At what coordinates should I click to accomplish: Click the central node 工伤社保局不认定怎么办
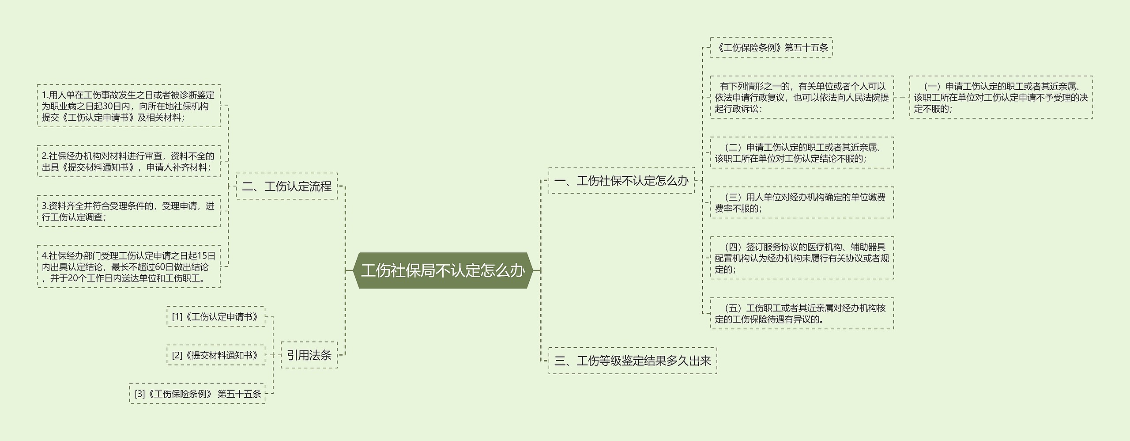(x=443, y=270)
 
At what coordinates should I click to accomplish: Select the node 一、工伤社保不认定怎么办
(x=621, y=180)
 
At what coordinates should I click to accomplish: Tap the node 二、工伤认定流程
(x=286, y=186)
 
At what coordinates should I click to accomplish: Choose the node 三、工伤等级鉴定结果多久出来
(x=633, y=361)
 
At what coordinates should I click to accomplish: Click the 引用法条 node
(x=309, y=355)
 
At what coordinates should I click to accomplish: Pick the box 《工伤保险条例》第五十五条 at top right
(x=771, y=47)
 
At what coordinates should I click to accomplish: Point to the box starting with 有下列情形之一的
(x=802, y=97)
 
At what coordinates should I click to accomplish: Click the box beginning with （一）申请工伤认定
(x=1001, y=97)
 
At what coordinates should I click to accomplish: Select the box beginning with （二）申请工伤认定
(x=802, y=153)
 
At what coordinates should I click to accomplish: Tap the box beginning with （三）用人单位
(x=802, y=202)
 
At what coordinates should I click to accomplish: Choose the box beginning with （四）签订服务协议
(x=802, y=258)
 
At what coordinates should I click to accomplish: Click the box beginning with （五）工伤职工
(x=802, y=313)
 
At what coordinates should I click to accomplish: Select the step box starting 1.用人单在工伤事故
(x=128, y=106)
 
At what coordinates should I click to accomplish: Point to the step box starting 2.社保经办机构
(x=128, y=161)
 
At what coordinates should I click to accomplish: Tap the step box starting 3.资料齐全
(x=128, y=211)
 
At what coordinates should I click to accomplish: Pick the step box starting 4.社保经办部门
(x=128, y=267)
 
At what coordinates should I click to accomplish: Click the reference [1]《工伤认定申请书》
(x=216, y=316)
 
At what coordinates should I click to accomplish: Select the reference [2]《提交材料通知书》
(x=216, y=355)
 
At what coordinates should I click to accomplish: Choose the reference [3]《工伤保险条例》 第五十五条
(x=197, y=394)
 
